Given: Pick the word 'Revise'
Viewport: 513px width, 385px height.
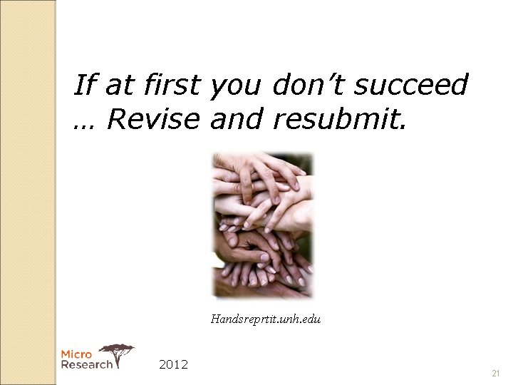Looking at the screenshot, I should coord(155,120).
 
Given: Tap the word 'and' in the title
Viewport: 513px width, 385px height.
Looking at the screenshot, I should coord(237,120).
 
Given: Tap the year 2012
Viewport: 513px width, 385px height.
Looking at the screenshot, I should coord(173,364).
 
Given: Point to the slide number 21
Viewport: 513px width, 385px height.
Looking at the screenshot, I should coord(496,374).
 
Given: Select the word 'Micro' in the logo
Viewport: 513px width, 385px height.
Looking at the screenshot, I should coord(76,354).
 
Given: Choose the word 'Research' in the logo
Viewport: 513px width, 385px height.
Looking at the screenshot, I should coord(86,364).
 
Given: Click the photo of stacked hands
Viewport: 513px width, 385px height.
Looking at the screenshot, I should coord(263,225).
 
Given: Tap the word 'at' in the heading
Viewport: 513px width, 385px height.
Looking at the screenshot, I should coord(117,86).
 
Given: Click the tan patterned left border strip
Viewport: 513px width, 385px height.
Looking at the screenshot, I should coord(28,192).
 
